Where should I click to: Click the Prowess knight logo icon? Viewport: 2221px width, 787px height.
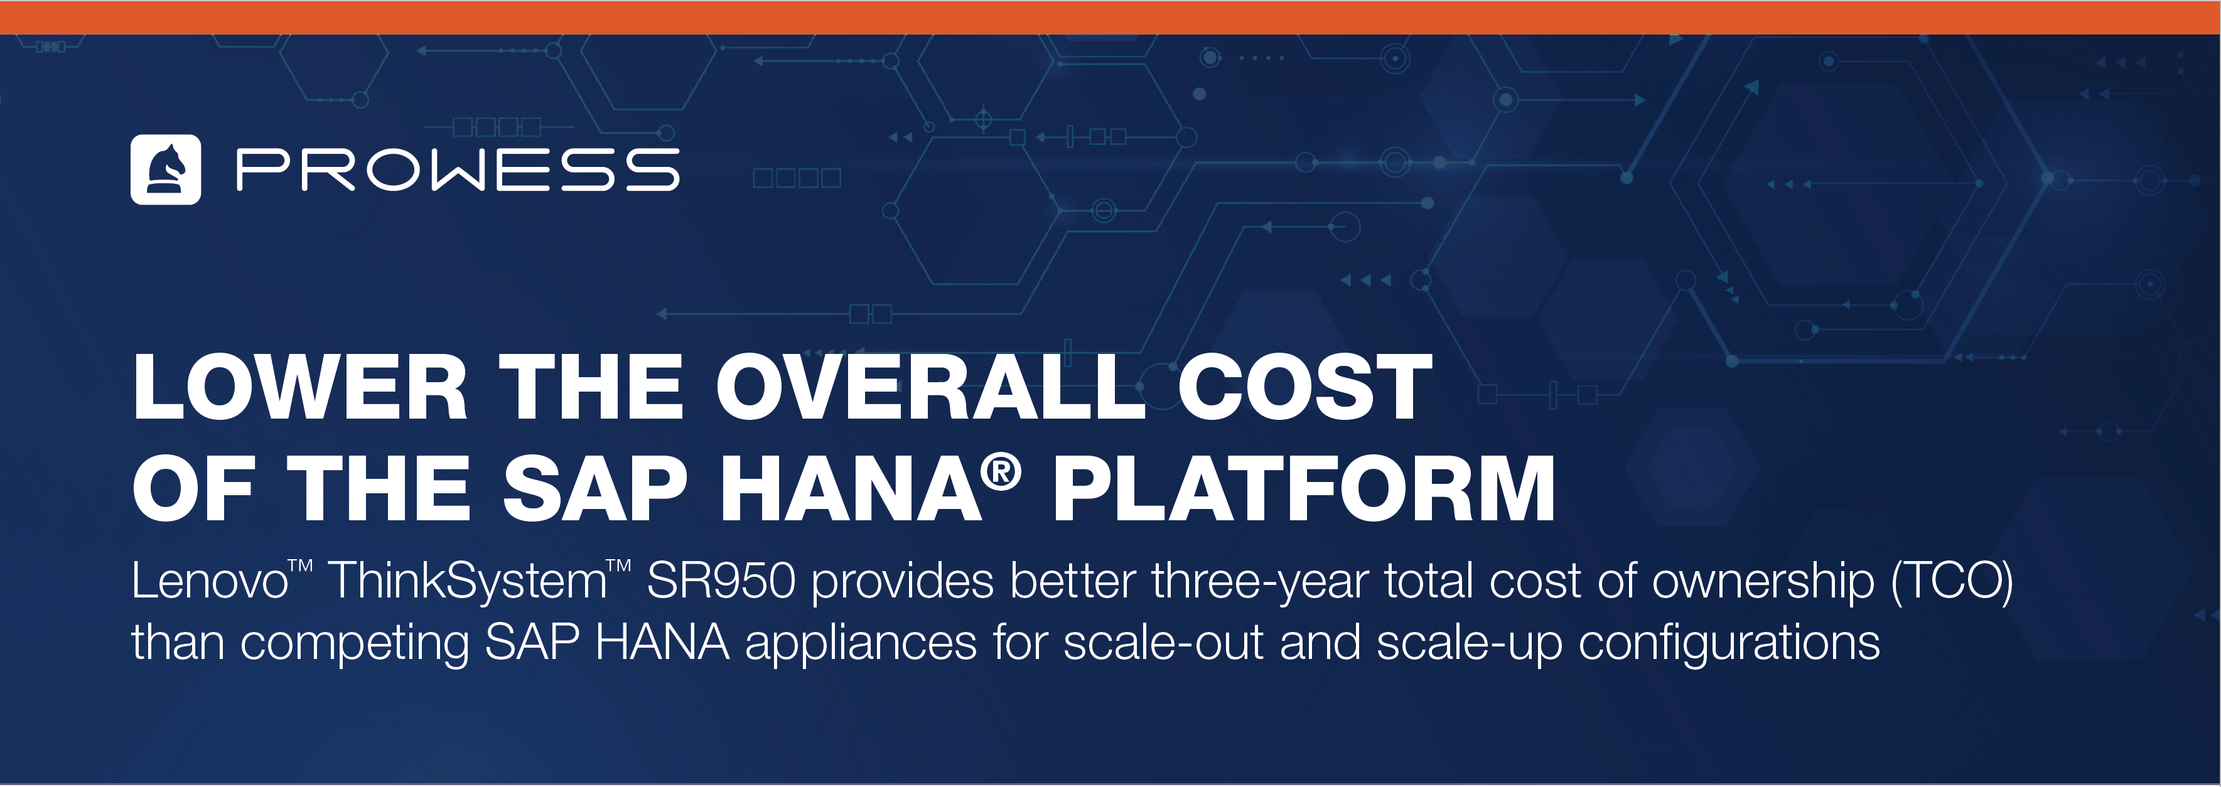point(166,170)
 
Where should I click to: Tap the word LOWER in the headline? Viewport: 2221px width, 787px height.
point(300,387)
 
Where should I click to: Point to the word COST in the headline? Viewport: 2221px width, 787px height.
point(1304,387)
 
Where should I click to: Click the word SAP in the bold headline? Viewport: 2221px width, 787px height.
point(595,489)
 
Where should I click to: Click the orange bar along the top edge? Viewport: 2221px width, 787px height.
point(1110,17)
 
